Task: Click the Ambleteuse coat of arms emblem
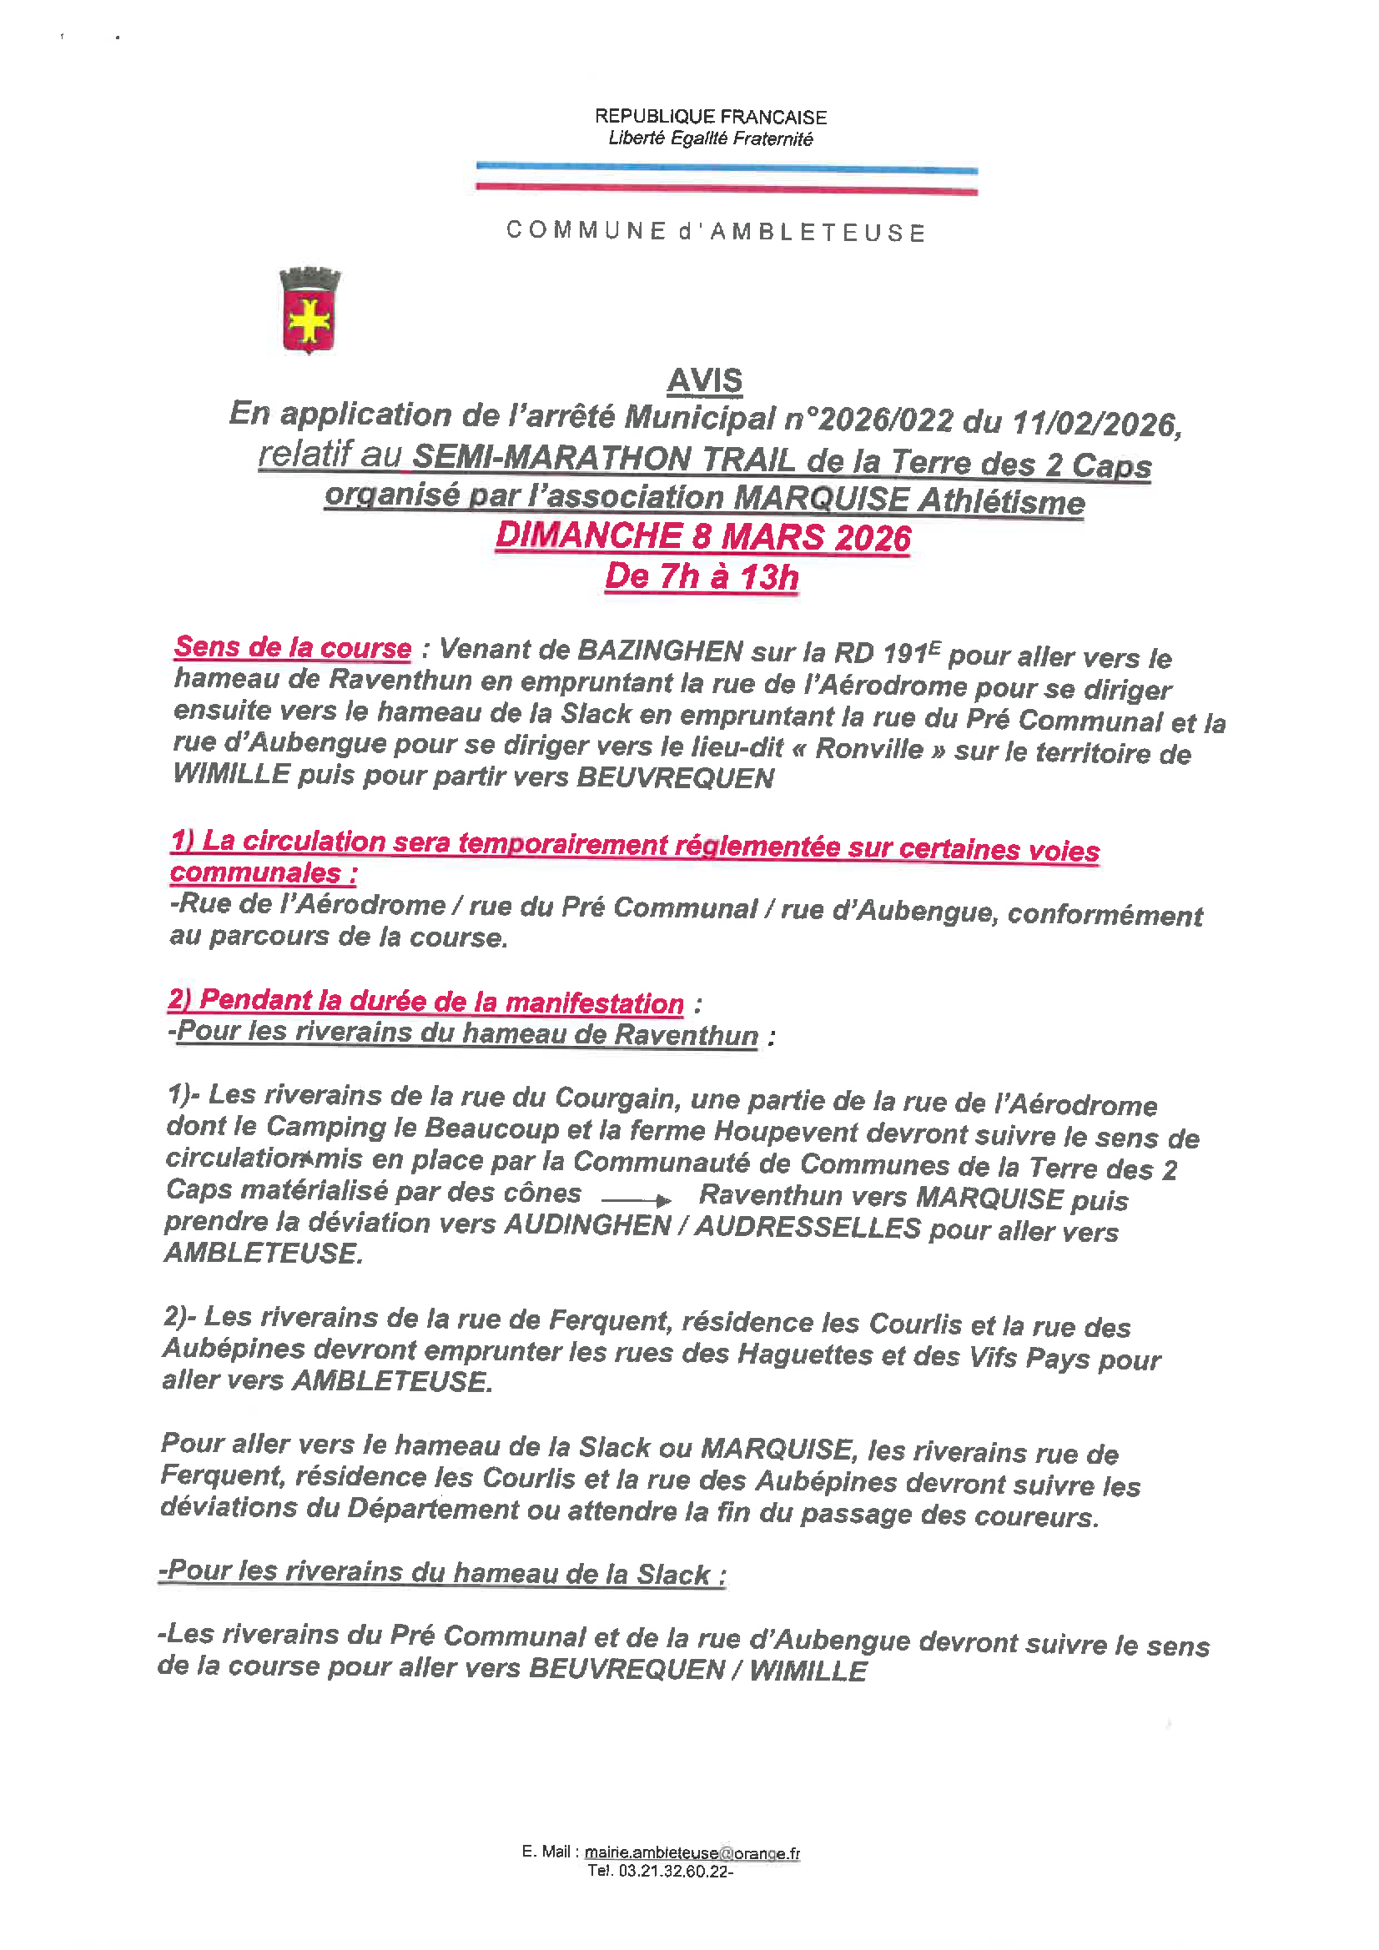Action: [x=310, y=311]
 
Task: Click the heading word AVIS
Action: [x=704, y=380]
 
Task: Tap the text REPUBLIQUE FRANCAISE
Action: [x=710, y=117]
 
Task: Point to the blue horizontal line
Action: [x=727, y=169]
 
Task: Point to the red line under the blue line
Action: [x=727, y=189]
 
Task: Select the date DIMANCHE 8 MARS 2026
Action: [x=702, y=537]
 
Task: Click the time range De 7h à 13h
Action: [x=702, y=576]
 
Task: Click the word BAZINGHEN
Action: [x=660, y=651]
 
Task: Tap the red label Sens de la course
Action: [x=292, y=647]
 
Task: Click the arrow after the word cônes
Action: [x=637, y=1200]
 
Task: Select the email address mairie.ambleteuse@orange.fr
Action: [x=692, y=1852]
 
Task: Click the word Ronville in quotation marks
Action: [x=868, y=749]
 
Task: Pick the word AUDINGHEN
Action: [x=588, y=1224]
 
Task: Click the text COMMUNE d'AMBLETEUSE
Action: [x=716, y=231]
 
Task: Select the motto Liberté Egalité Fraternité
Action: [x=710, y=138]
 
